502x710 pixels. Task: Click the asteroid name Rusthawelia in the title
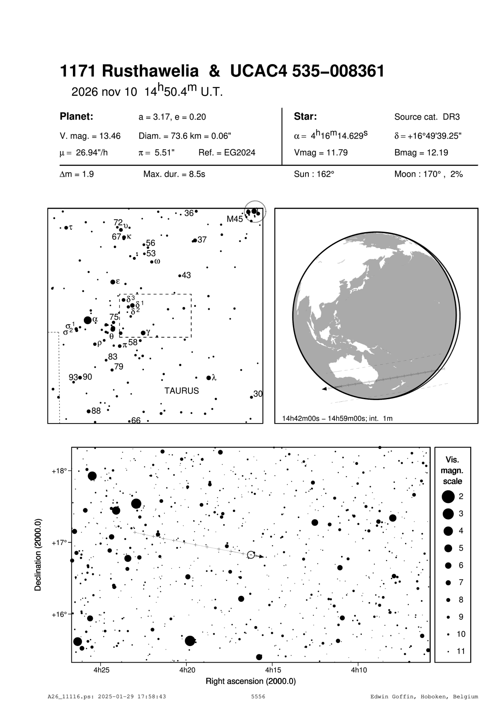coord(150,71)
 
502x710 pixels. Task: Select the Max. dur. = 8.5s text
coord(174,175)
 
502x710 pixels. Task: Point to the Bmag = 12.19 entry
coord(421,153)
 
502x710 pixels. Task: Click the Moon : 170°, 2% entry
coord(428,175)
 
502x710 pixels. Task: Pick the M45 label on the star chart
coord(235,219)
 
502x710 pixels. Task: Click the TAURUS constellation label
coord(182,391)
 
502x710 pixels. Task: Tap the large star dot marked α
coord(88,320)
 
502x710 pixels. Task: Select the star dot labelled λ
coord(209,378)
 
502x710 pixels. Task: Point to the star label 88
coord(96,411)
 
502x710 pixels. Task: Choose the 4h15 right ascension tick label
coord(272,670)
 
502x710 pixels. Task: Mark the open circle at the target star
coord(251,555)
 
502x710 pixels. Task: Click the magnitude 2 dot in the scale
coord(448,496)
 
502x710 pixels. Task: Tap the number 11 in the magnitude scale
coord(461,651)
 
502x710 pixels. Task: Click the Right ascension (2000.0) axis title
coord(251,681)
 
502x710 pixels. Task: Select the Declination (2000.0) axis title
coord(38,555)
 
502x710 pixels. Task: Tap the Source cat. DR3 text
coord(427,117)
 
